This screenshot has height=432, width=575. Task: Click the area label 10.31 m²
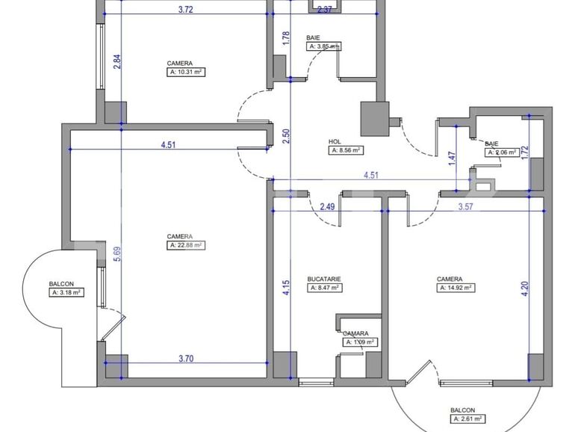[186, 72]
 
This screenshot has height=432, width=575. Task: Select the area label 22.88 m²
[186, 244]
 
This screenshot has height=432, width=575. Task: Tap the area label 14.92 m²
[456, 287]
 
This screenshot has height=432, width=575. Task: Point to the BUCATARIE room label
[324, 279]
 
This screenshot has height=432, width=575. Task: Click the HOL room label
[335, 141]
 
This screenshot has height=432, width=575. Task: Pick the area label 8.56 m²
[346, 150]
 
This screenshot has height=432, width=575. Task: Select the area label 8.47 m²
[325, 287]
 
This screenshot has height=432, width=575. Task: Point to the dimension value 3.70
[186, 359]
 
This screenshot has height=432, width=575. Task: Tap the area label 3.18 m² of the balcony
[66, 292]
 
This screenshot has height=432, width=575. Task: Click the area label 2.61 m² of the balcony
[467, 419]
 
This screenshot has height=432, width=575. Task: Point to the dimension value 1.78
[286, 39]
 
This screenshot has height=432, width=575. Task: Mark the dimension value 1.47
[451, 158]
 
